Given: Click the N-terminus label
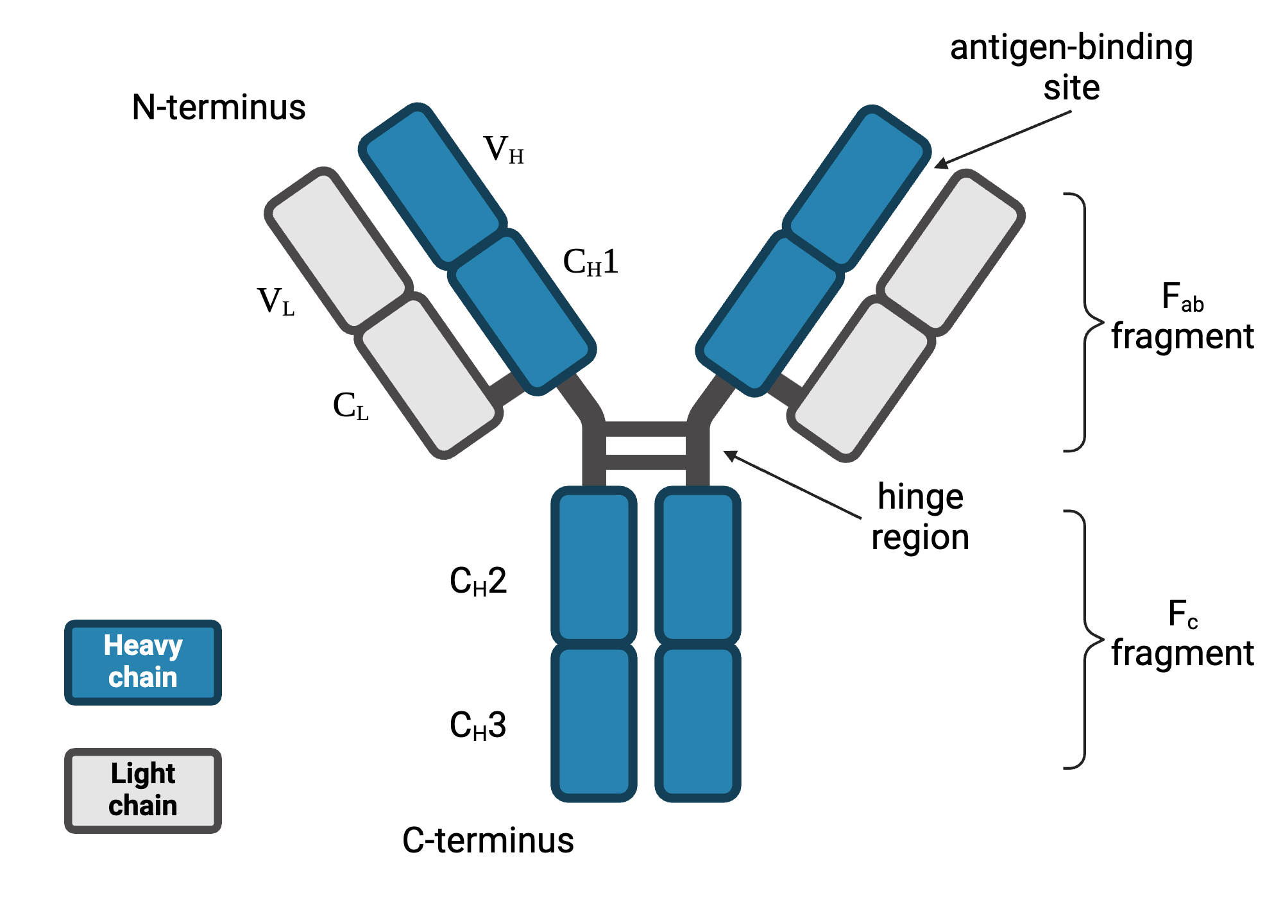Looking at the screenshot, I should [218, 107].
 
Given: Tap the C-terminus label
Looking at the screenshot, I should [488, 840].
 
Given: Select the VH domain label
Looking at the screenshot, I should [504, 150].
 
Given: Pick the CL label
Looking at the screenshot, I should [350, 406].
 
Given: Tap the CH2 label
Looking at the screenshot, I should [478, 582].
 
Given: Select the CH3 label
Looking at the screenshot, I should [478, 726].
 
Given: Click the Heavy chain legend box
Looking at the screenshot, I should [143, 662].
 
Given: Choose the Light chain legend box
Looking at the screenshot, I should [143, 790].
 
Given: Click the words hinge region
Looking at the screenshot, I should [920, 517].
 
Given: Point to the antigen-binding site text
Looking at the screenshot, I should [1071, 67].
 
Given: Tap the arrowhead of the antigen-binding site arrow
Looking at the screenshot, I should [939, 165].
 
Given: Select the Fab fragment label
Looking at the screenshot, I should [1182, 318].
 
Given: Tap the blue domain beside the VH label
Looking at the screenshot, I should [432, 186].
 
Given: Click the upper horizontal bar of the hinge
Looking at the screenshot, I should [645, 428].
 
